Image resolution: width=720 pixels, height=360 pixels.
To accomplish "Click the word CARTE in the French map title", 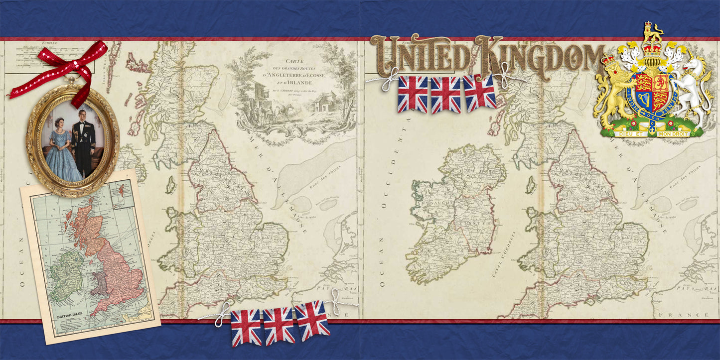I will click(x=294, y=61).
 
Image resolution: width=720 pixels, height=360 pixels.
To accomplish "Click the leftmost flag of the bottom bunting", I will click(x=246, y=327).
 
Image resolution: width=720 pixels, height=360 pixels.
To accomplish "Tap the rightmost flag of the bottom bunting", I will click(x=312, y=320).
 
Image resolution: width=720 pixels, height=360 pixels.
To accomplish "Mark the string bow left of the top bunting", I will click(x=389, y=80).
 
